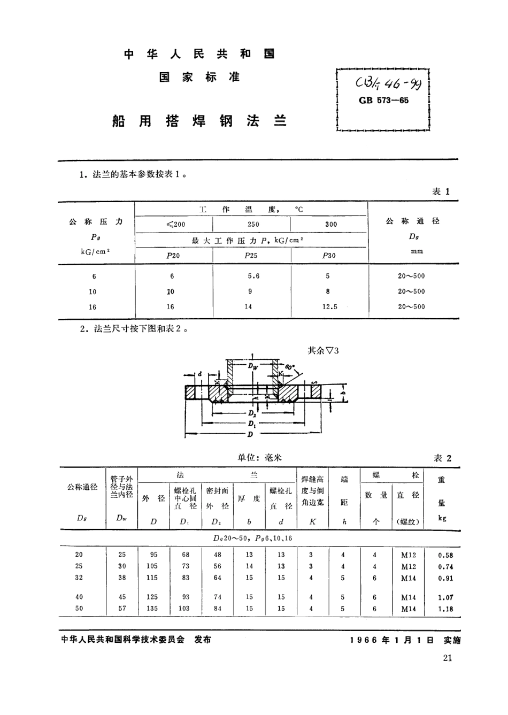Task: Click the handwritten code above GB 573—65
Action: pyautogui.click(x=382, y=84)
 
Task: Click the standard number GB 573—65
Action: pyautogui.click(x=383, y=101)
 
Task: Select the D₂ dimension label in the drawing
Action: pyautogui.click(x=252, y=413)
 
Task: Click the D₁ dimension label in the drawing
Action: pyautogui.click(x=251, y=424)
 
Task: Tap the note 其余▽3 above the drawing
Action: pyautogui.click(x=323, y=351)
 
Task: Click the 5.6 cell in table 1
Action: pyautogui.click(x=253, y=276)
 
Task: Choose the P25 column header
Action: pyautogui.click(x=251, y=256)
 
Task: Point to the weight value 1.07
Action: pyautogui.click(x=445, y=597)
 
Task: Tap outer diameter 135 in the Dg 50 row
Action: pyautogui.click(x=152, y=609)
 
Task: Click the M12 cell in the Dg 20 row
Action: pyautogui.click(x=409, y=555)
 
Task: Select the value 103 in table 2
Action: pyautogui.click(x=184, y=609)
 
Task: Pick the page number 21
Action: pyautogui.click(x=448, y=658)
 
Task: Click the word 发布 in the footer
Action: pyautogui.click(x=203, y=640)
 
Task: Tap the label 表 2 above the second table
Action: pyautogui.click(x=442, y=458)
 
